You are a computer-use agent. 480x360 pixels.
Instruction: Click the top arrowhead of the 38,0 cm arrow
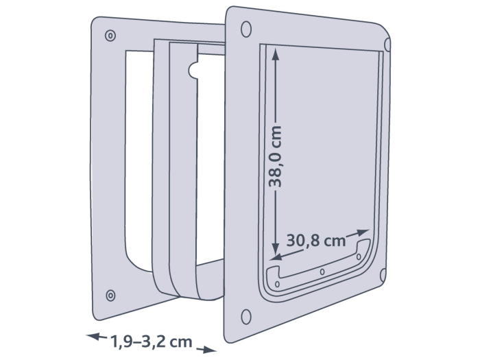276,56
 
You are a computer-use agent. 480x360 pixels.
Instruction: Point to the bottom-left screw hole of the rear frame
110,295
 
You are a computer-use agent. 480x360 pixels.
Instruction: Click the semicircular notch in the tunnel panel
193,69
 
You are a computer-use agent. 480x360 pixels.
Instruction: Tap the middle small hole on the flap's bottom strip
322,272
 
